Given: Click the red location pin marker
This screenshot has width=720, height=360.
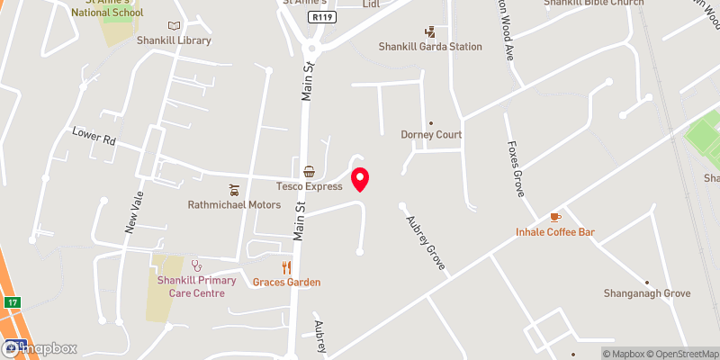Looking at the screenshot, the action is pos(360,178).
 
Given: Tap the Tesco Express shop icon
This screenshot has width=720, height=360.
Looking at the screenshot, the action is pos(309,171).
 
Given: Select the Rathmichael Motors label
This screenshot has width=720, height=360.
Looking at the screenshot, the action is pos(234,204).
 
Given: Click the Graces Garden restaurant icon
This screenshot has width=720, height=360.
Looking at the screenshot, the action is pos(286,266).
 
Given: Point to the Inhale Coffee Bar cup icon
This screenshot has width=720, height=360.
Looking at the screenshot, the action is pos(555,217).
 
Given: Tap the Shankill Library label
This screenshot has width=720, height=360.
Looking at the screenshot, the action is pos(174,40).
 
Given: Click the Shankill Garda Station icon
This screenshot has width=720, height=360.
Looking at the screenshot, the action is pos(429,31).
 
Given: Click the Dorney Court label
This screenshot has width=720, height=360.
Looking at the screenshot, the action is pos(431,135).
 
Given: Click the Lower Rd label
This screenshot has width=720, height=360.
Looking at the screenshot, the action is pos(94,137).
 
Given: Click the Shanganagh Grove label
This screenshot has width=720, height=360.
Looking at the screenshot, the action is pos(647,293).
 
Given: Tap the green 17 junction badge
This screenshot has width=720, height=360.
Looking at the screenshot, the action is pos(11,301).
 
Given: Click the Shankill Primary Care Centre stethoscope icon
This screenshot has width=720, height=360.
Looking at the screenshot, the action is pos(196,265).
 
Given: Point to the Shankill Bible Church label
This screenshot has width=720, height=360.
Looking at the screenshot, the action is pos(593,3).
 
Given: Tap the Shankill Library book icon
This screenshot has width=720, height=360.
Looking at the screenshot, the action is pos(174,25).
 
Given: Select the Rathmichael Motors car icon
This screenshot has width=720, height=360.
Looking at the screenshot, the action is pos(234,189).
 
